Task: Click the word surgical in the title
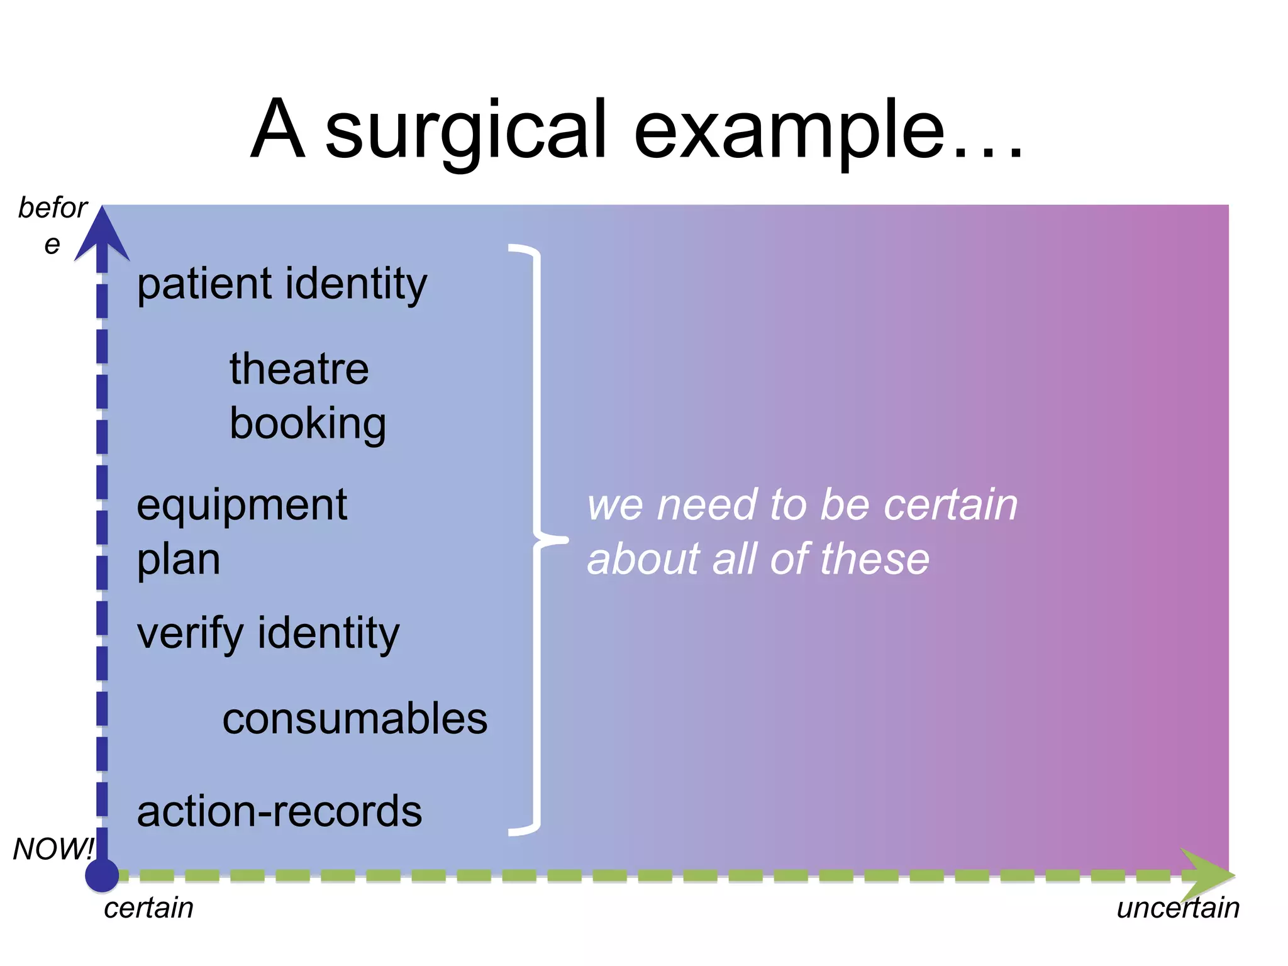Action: click(465, 132)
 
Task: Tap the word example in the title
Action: click(789, 132)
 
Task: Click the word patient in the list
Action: click(204, 284)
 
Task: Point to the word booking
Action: click(308, 424)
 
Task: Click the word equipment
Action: click(241, 507)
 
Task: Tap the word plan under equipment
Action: click(178, 559)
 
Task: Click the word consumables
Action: click(355, 719)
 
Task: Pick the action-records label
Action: click(279, 811)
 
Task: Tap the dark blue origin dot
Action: click(102, 875)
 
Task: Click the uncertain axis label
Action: click(1177, 908)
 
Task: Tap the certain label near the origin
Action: click(148, 908)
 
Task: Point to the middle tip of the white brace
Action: click(565, 540)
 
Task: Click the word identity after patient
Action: click(356, 284)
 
